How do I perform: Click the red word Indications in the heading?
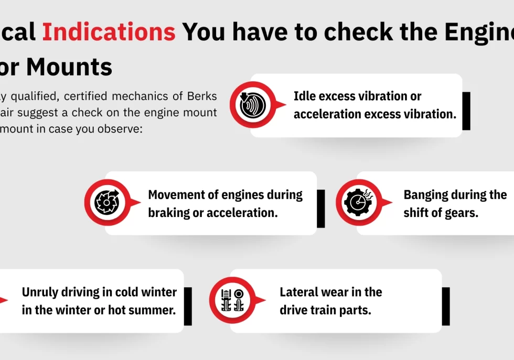coord(109,32)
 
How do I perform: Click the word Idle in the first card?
coord(304,96)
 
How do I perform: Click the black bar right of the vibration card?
coord(466,111)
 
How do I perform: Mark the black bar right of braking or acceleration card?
coord(321,209)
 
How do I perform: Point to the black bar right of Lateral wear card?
coord(446,306)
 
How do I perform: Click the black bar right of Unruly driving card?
coord(188,306)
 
